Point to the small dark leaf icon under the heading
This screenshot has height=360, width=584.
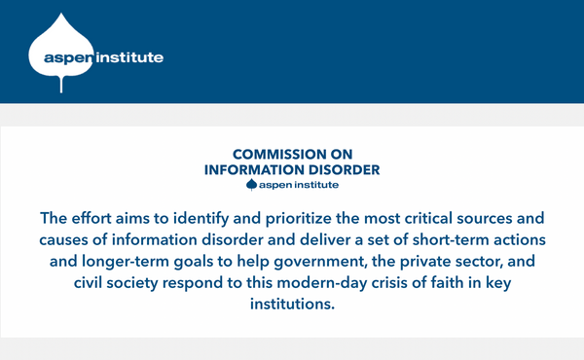pyautogui.click(x=251, y=184)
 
